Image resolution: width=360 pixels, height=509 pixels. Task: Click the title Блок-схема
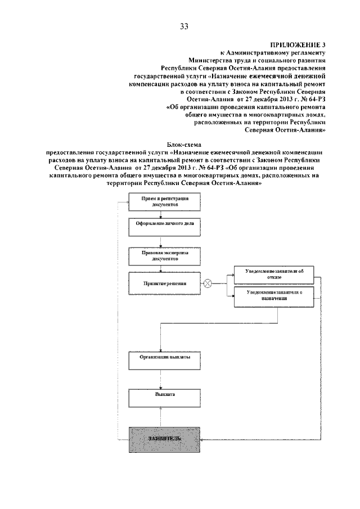[185, 145]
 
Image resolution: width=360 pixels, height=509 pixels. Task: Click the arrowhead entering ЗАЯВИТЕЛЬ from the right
[202, 439]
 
